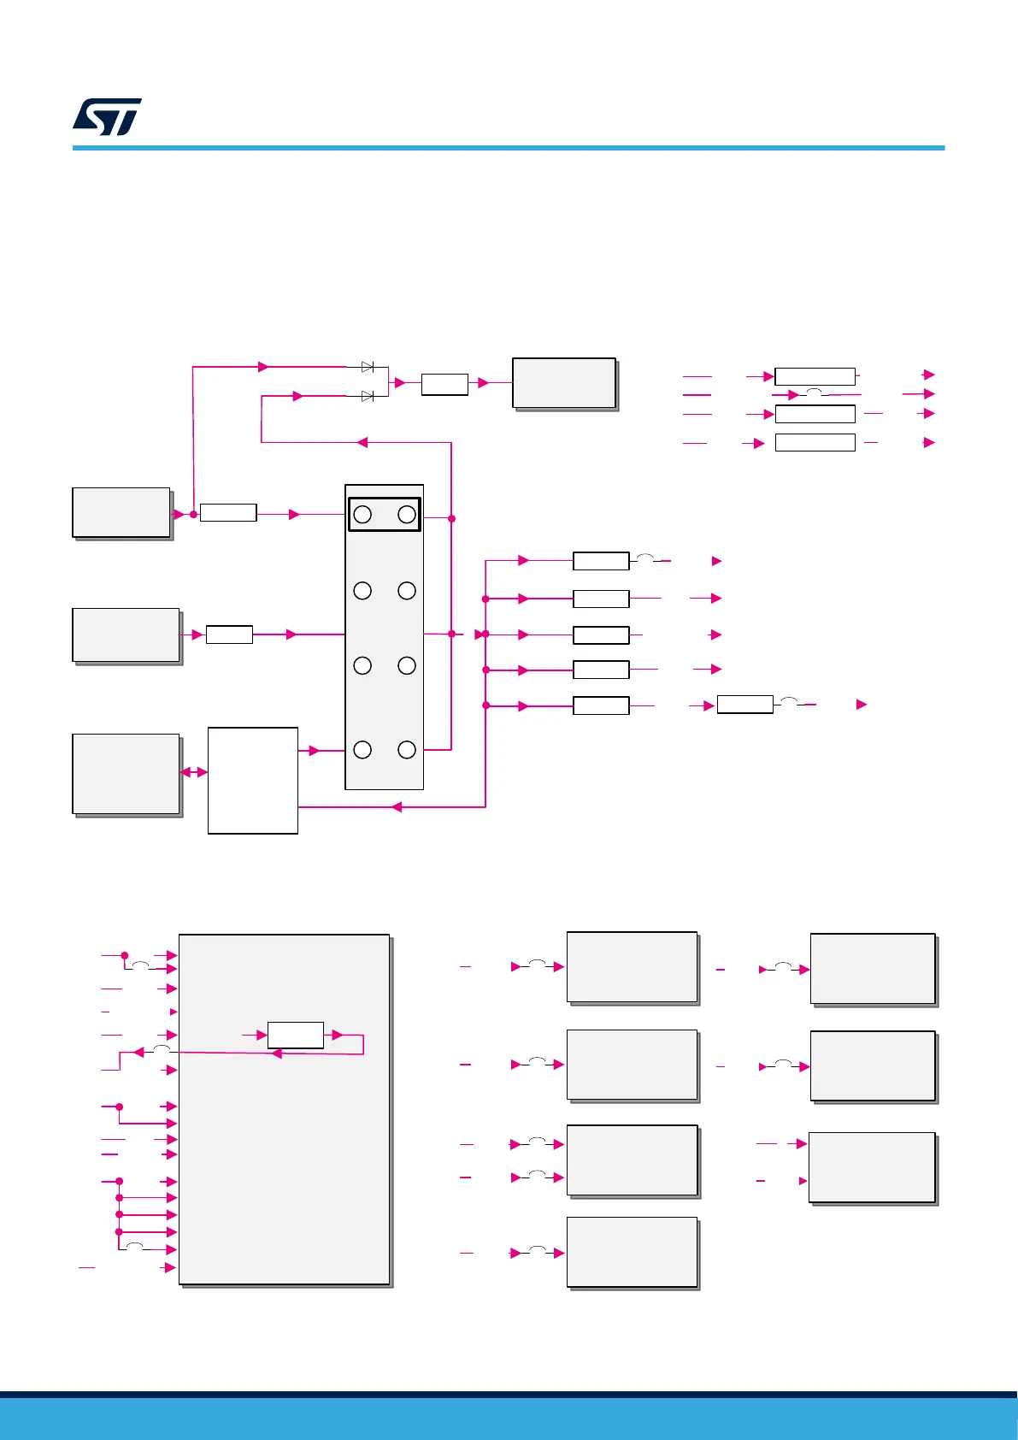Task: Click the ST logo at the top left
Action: pos(107,117)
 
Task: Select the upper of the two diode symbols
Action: pos(368,367)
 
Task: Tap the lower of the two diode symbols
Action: pos(368,396)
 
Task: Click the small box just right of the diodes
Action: pos(444,384)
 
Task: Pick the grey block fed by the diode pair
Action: pos(564,383)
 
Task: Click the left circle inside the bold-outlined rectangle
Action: pos(362,514)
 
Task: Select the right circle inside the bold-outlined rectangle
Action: pos(407,514)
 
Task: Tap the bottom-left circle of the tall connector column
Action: pos(362,750)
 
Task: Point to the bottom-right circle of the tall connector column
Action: pos(407,750)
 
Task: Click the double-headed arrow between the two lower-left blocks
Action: pos(194,772)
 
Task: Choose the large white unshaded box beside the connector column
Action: pos(253,780)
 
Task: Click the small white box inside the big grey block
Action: pos(296,1035)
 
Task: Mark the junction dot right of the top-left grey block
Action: pos(193,514)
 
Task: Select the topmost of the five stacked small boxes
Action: pos(601,561)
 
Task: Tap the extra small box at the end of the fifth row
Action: pos(744,705)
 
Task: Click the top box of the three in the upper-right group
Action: pos(815,376)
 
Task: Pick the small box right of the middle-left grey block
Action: pos(229,634)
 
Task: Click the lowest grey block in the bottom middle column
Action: pos(633,1252)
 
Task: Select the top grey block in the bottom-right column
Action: pos(873,969)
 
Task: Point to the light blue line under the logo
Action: pos(509,148)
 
